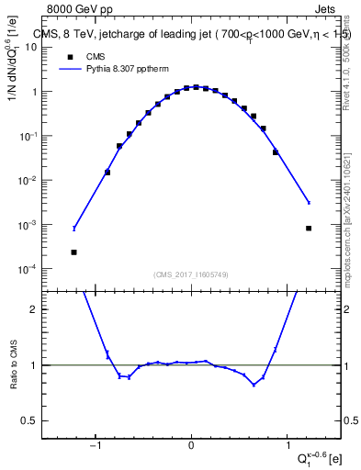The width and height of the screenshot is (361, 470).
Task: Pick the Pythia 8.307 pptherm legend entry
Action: pyautogui.click(x=110, y=69)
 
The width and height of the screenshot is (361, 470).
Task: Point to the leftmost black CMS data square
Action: pyautogui.click(x=73, y=252)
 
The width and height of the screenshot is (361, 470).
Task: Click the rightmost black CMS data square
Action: pyautogui.click(x=309, y=228)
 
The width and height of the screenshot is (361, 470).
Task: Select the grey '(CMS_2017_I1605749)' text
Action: pyautogui.click(x=191, y=275)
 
